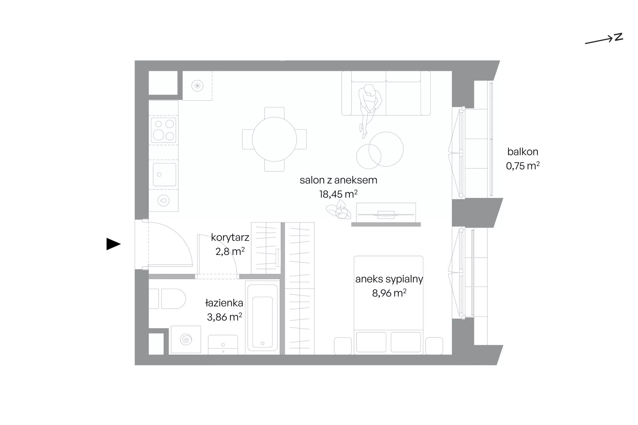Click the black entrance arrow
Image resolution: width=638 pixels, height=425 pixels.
click(113, 244)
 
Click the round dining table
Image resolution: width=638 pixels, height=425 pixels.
click(274, 139)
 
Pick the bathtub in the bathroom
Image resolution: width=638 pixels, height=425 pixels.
click(262, 317)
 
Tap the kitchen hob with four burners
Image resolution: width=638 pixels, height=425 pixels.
click(164, 129)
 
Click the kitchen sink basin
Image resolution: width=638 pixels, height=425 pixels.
click(164, 174)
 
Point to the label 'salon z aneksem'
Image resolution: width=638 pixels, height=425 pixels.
click(338, 180)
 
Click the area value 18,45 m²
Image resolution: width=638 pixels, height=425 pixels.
click(338, 194)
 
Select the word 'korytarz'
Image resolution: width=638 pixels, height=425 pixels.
click(230, 237)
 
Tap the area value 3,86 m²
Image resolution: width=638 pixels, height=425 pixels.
click(224, 317)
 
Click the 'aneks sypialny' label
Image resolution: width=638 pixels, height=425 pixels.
click(389, 279)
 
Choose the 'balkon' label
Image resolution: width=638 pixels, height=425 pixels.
click(523, 152)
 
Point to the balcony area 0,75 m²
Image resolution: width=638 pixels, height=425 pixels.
click(523, 166)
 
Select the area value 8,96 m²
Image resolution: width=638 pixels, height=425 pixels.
click(389, 293)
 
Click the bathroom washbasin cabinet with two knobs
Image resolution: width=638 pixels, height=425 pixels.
click(223, 345)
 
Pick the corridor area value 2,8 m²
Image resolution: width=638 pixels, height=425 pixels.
click(230, 251)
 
